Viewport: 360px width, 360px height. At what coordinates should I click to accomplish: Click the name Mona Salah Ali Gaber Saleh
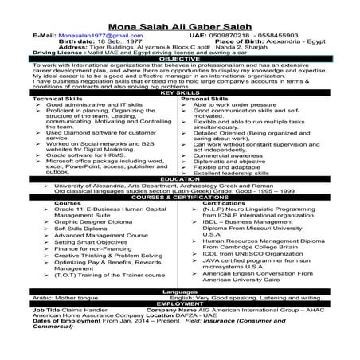180,26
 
